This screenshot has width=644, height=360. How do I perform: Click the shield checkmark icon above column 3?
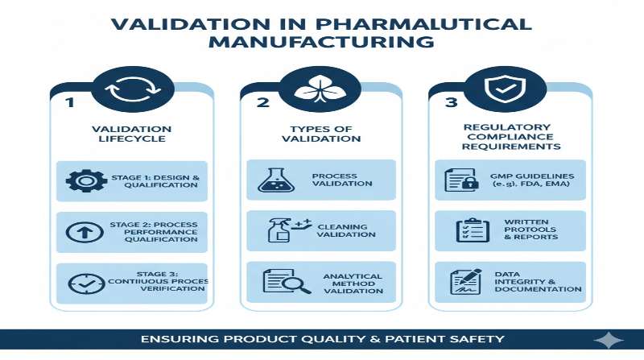(510, 91)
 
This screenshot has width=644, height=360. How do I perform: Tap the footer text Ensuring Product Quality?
(322, 340)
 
